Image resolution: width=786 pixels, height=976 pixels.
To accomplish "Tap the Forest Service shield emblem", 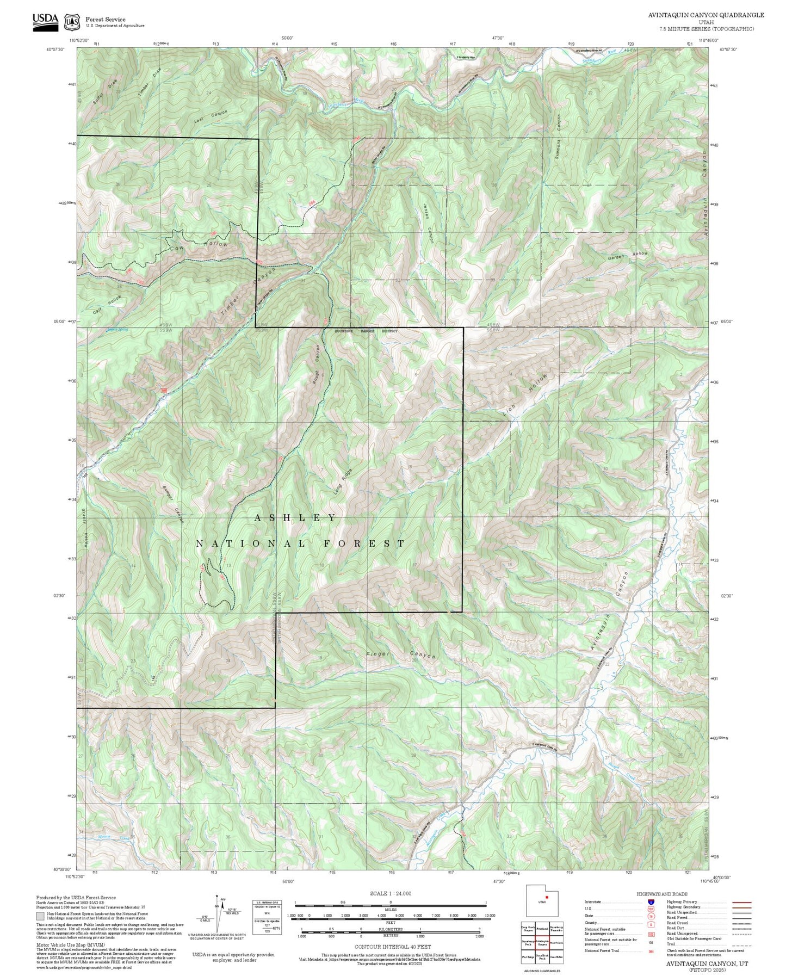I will tap(71, 22).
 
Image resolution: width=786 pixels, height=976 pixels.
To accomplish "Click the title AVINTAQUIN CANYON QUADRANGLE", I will tap(705, 15).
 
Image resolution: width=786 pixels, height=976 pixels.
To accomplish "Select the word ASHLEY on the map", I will tap(296, 517).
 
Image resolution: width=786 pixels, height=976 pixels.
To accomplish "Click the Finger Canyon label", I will tap(401, 655).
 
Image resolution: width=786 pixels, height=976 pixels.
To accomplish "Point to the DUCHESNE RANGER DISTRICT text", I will tap(366, 331).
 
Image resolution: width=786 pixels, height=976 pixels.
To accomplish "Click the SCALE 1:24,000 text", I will tap(390, 893).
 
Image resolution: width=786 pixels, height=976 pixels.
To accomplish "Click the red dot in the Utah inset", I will tap(547, 897).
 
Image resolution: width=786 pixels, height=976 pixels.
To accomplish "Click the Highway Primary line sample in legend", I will tap(741, 902).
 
